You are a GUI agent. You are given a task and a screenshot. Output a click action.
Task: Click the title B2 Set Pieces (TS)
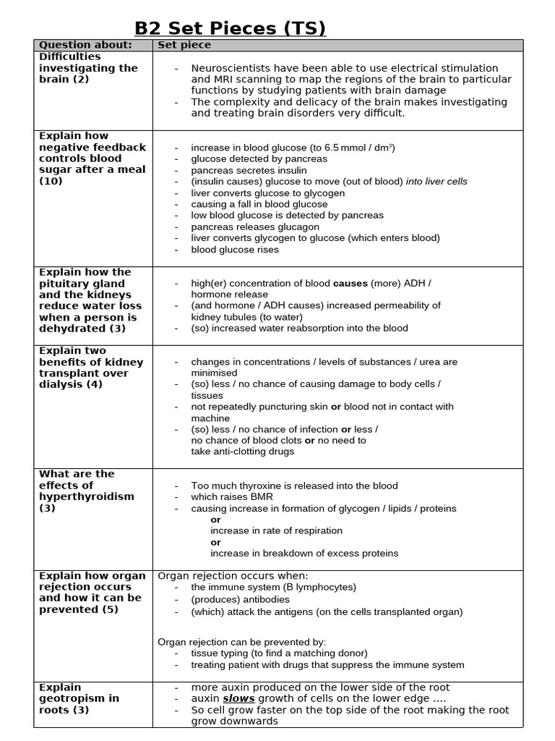[x=231, y=28]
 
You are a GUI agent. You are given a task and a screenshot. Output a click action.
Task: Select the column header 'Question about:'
[x=85, y=45]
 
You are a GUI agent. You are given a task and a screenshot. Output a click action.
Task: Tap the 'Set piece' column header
[x=184, y=45]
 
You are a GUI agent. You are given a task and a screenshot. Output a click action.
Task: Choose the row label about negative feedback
[x=92, y=158]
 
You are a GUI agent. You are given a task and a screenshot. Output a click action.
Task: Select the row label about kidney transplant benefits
[x=90, y=368]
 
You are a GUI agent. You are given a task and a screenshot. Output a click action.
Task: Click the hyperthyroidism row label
[x=86, y=491]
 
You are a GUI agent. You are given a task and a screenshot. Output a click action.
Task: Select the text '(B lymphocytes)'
[x=321, y=588]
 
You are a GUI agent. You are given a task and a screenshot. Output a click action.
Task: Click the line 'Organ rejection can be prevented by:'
[x=241, y=642]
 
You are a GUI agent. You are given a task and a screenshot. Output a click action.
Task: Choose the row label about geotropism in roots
[x=79, y=698]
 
